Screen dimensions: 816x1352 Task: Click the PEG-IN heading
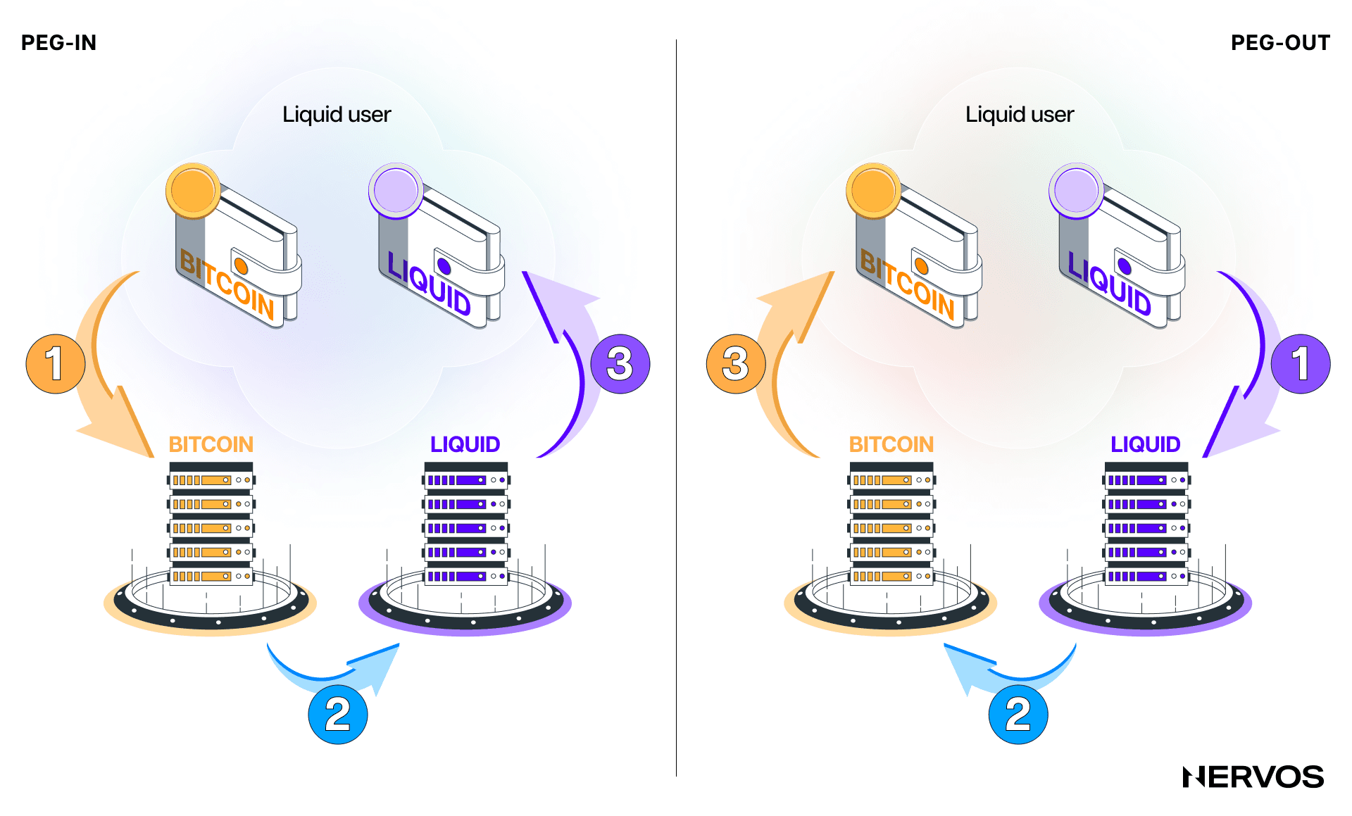(58, 43)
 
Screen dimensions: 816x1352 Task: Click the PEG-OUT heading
(1279, 43)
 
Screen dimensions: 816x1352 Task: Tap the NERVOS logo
(1253, 777)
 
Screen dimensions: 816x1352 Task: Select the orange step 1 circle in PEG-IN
(56, 363)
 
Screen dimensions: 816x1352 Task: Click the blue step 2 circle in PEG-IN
(338, 714)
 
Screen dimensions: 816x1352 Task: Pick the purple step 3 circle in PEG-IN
(620, 363)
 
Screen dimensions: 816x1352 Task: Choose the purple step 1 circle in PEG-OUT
(1300, 363)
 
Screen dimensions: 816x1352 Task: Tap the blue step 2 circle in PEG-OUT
(1018, 714)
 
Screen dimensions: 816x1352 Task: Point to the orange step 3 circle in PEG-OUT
(736, 363)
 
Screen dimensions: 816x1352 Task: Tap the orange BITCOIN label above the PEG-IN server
(211, 444)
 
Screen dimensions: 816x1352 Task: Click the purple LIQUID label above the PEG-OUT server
(1145, 444)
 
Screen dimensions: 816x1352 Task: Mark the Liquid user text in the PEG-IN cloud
(337, 114)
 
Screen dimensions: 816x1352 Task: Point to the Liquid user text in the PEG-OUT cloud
(1020, 114)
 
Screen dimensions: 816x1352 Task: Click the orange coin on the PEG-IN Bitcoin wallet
(192, 190)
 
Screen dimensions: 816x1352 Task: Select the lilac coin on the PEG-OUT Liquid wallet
(1075, 190)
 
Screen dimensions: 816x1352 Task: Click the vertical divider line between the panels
(676, 408)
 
